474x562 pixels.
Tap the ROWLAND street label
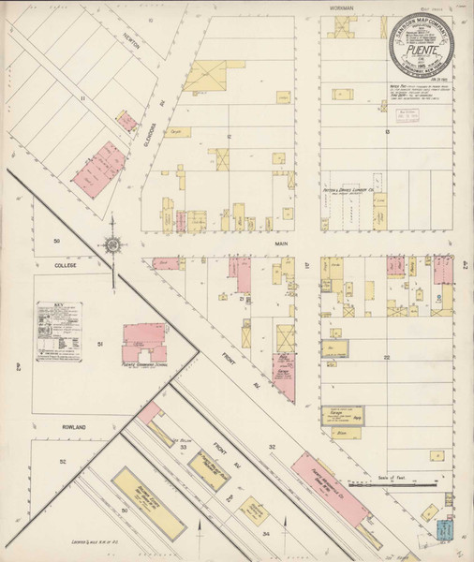49,427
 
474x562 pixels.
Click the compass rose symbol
112,245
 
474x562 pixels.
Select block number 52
64,462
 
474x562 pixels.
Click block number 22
385,357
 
